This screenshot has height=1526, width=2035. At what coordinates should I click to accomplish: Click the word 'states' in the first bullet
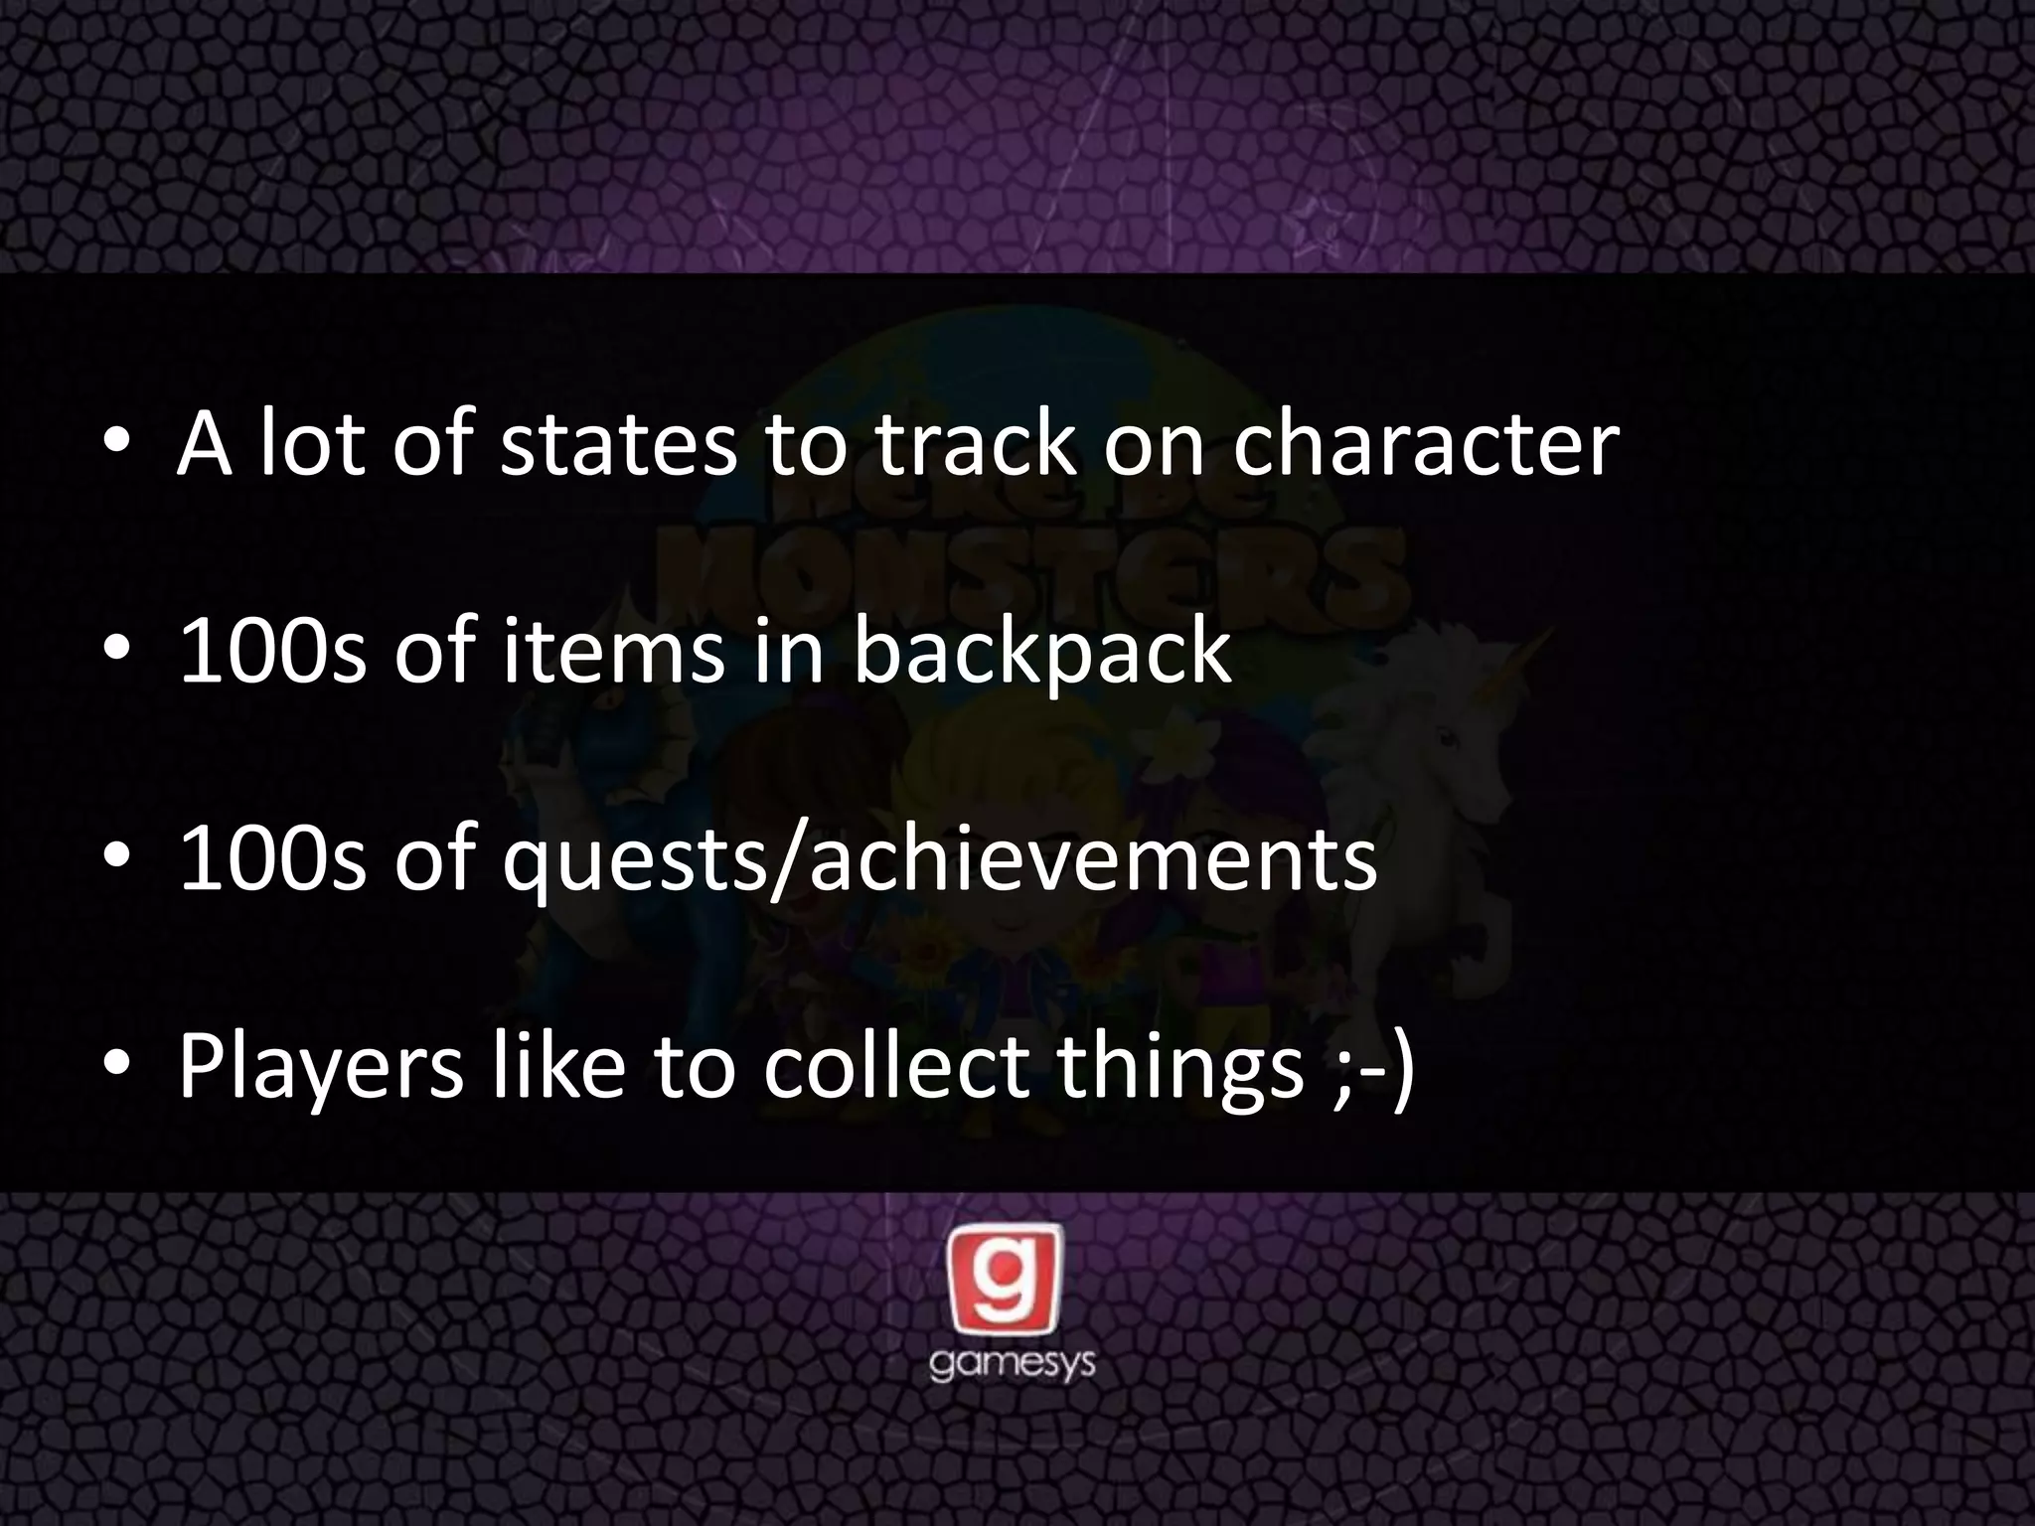click(618, 444)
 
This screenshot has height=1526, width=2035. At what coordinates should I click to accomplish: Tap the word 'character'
click(1426, 444)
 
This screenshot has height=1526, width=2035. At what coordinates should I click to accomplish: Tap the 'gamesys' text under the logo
click(1012, 1363)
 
